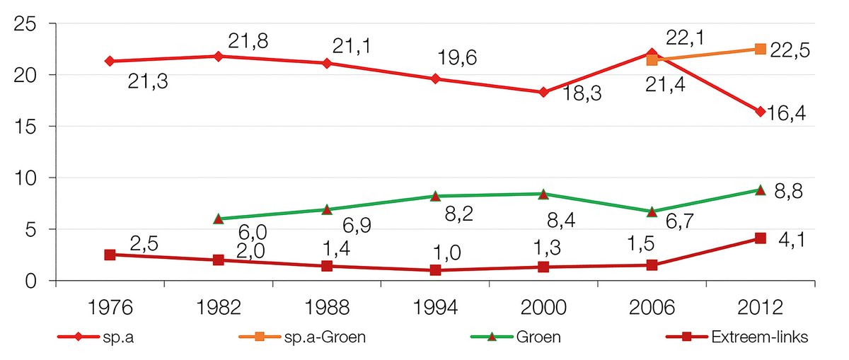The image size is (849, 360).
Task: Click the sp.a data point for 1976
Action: pos(110,62)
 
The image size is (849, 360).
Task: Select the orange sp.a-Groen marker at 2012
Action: pos(760,49)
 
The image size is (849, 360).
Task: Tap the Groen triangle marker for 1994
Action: pos(435,196)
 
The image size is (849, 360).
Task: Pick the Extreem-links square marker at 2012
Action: pos(760,238)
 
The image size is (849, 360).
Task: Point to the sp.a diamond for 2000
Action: pos(543,92)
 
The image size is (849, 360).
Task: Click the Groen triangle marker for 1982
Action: pos(218,219)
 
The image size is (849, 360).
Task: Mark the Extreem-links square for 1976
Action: pos(110,255)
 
